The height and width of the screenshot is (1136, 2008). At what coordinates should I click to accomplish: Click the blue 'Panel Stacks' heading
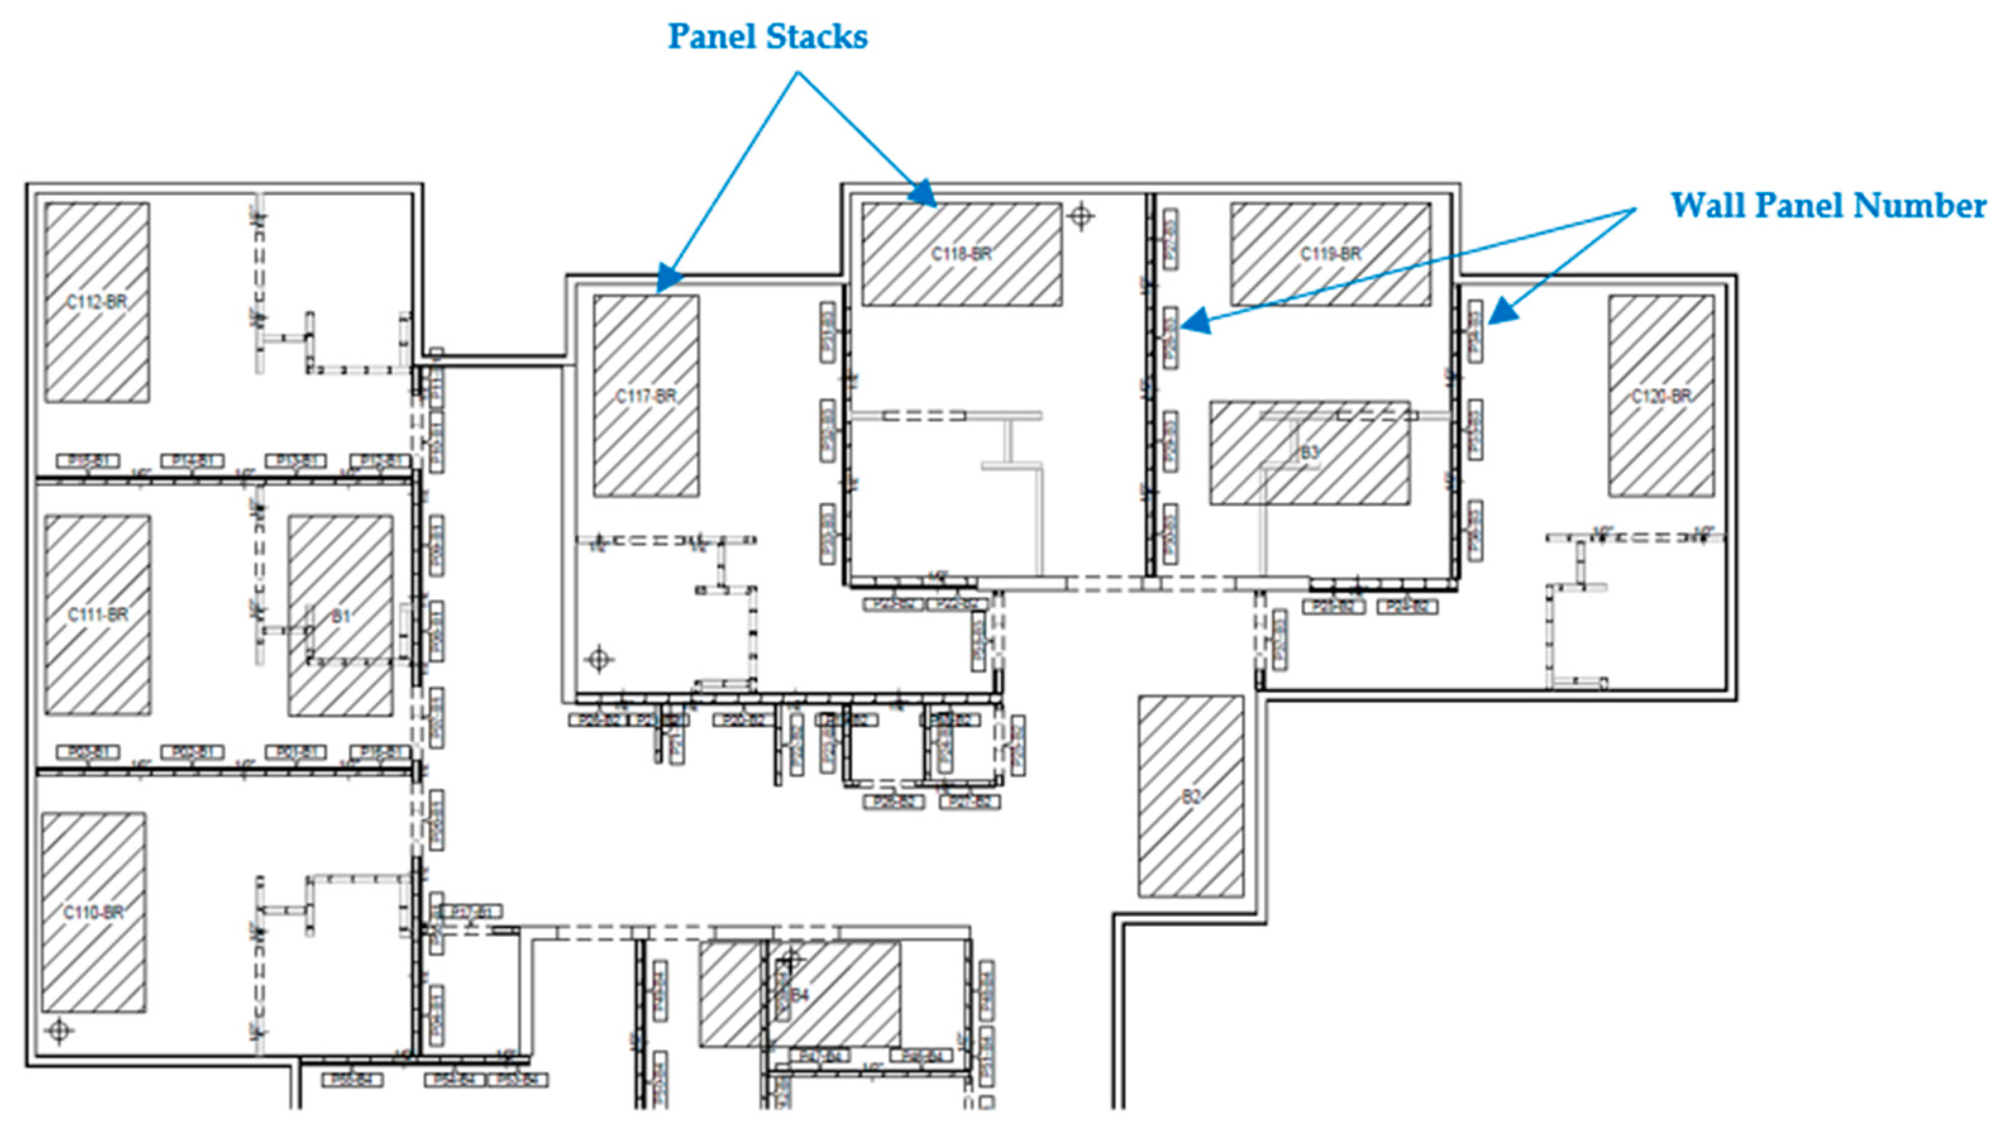click(x=767, y=37)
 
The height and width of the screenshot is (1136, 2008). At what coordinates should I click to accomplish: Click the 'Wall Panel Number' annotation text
click(x=1828, y=206)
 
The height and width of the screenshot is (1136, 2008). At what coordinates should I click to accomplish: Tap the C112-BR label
click(x=97, y=302)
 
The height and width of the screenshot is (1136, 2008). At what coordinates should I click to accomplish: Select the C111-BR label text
click(x=97, y=615)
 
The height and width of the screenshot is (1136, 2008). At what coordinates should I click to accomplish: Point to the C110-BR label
click(x=94, y=912)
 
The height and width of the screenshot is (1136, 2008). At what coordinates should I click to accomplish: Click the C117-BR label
click(x=646, y=396)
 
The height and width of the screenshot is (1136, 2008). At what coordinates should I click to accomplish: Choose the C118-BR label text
click(x=961, y=253)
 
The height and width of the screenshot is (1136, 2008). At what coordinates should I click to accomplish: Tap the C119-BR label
click(x=1331, y=253)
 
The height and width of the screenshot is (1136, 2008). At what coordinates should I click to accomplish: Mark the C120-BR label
click(x=1661, y=396)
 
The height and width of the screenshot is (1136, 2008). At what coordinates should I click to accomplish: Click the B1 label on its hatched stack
click(x=341, y=616)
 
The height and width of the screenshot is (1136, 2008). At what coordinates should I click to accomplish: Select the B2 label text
click(x=1191, y=797)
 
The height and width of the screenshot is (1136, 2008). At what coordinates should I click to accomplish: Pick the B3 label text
click(x=1310, y=452)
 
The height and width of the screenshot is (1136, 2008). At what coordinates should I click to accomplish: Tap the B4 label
click(x=800, y=995)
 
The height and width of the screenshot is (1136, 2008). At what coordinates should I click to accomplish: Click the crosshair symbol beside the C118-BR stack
click(x=1081, y=216)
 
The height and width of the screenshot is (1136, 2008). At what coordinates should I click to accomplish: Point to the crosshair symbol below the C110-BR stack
click(x=59, y=1030)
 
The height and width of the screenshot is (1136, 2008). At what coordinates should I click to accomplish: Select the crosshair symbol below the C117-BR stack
click(x=598, y=659)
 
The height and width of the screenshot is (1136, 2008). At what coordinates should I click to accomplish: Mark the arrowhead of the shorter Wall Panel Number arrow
click(x=1502, y=313)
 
